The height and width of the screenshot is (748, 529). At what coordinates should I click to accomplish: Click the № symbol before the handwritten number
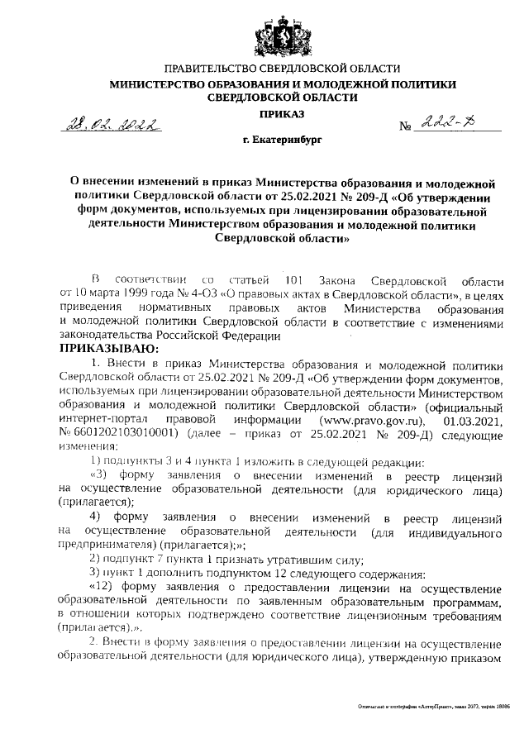406,128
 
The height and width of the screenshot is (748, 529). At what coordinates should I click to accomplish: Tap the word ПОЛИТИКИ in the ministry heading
417,83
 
